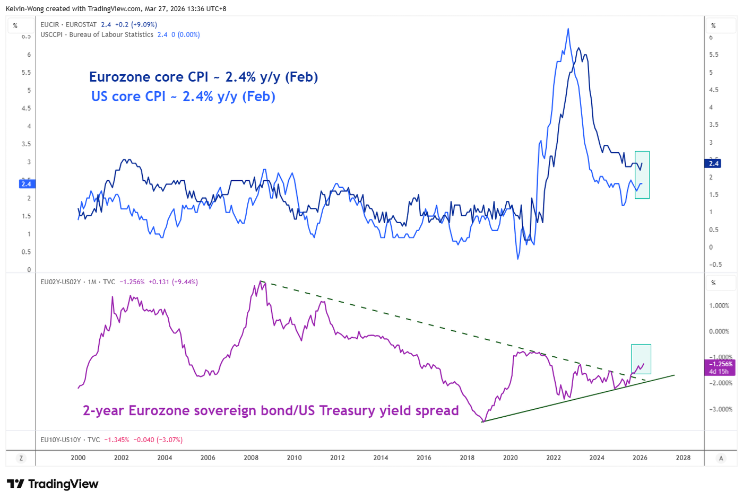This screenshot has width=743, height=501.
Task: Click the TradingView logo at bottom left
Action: pyautogui.click(x=53, y=484)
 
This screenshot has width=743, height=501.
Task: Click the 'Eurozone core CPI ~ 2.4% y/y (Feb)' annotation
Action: pyautogui.click(x=203, y=77)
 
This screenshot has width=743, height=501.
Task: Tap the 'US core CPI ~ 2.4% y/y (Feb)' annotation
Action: pyautogui.click(x=183, y=96)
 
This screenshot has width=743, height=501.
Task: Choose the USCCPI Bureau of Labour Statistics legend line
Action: pyautogui.click(x=120, y=34)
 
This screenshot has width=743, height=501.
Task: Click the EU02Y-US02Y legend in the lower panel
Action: pyautogui.click(x=119, y=282)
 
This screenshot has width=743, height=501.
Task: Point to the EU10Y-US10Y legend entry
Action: pyautogui.click(x=111, y=440)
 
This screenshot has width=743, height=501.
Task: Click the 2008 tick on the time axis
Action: pyautogui.click(x=251, y=458)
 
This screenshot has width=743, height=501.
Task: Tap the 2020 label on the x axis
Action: pyautogui.click(x=510, y=458)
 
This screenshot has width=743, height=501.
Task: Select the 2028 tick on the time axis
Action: pyautogui.click(x=683, y=458)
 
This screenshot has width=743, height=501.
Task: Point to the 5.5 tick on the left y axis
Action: pyautogui.click(x=25, y=73)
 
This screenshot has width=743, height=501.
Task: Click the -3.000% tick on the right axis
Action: pyautogui.click(x=720, y=409)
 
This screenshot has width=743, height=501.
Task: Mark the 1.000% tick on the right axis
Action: pyautogui.click(x=720, y=306)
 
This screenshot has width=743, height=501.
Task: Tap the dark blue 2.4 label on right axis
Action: pyautogui.click(x=714, y=163)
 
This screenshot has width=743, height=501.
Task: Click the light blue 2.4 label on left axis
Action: pyautogui.click(x=26, y=184)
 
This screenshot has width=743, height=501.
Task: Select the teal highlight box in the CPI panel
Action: pyautogui.click(x=642, y=175)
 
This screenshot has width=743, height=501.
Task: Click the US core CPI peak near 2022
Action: pyautogui.click(x=568, y=29)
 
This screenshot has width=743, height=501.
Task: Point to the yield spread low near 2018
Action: pyautogui.click(x=483, y=421)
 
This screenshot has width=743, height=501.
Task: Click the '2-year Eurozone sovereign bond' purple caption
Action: pyautogui.click(x=271, y=411)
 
